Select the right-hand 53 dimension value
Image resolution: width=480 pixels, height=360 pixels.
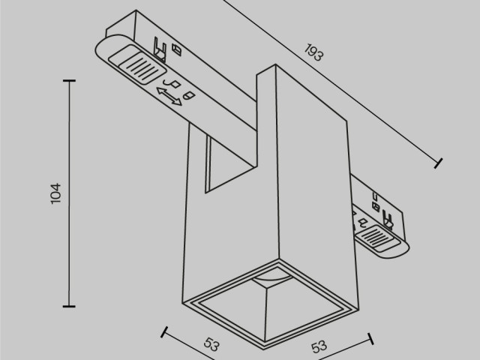pyautogui.click(x=319, y=346)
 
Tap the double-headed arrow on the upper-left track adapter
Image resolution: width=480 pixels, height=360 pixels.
pyautogui.click(x=169, y=96)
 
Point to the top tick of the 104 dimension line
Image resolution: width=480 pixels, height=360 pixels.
pyautogui.click(x=70, y=80)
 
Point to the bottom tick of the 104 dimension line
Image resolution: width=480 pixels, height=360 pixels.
pyautogui.click(x=70, y=305)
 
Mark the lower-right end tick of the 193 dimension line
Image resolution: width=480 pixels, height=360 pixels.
pyautogui.click(x=439, y=161)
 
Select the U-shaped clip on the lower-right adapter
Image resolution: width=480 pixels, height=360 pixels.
pyautogui.click(x=388, y=220)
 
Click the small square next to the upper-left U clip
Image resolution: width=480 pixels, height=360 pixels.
pyautogui.click(x=177, y=49)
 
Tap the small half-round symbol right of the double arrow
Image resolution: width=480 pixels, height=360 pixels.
pyautogui.click(x=189, y=96)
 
